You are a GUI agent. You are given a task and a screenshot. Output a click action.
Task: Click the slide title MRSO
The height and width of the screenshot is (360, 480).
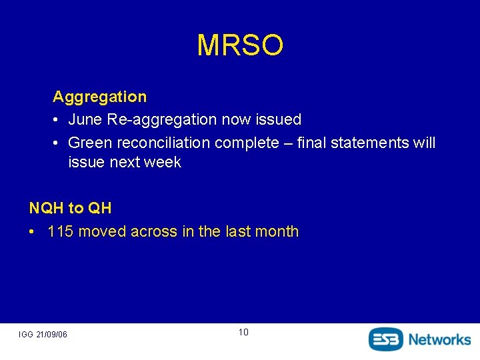click(240, 45)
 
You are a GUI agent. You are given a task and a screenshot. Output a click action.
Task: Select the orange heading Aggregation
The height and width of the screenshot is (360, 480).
click(99, 97)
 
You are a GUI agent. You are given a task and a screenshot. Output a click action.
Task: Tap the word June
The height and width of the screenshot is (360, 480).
click(84, 120)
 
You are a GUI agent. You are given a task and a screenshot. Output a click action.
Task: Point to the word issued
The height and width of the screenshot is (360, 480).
click(278, 120)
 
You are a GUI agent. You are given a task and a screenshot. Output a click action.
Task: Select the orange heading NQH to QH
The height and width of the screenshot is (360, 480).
click(70, 208)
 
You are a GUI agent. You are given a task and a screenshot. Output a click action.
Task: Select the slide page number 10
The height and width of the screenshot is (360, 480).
click(243, 332)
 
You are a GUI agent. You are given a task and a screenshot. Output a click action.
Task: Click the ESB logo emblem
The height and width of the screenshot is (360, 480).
click(386, 339)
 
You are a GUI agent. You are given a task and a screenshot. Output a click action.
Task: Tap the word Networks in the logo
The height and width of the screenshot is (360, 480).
click(439, 339)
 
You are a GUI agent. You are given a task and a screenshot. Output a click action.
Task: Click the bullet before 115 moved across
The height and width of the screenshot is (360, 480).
click(33, 232)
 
